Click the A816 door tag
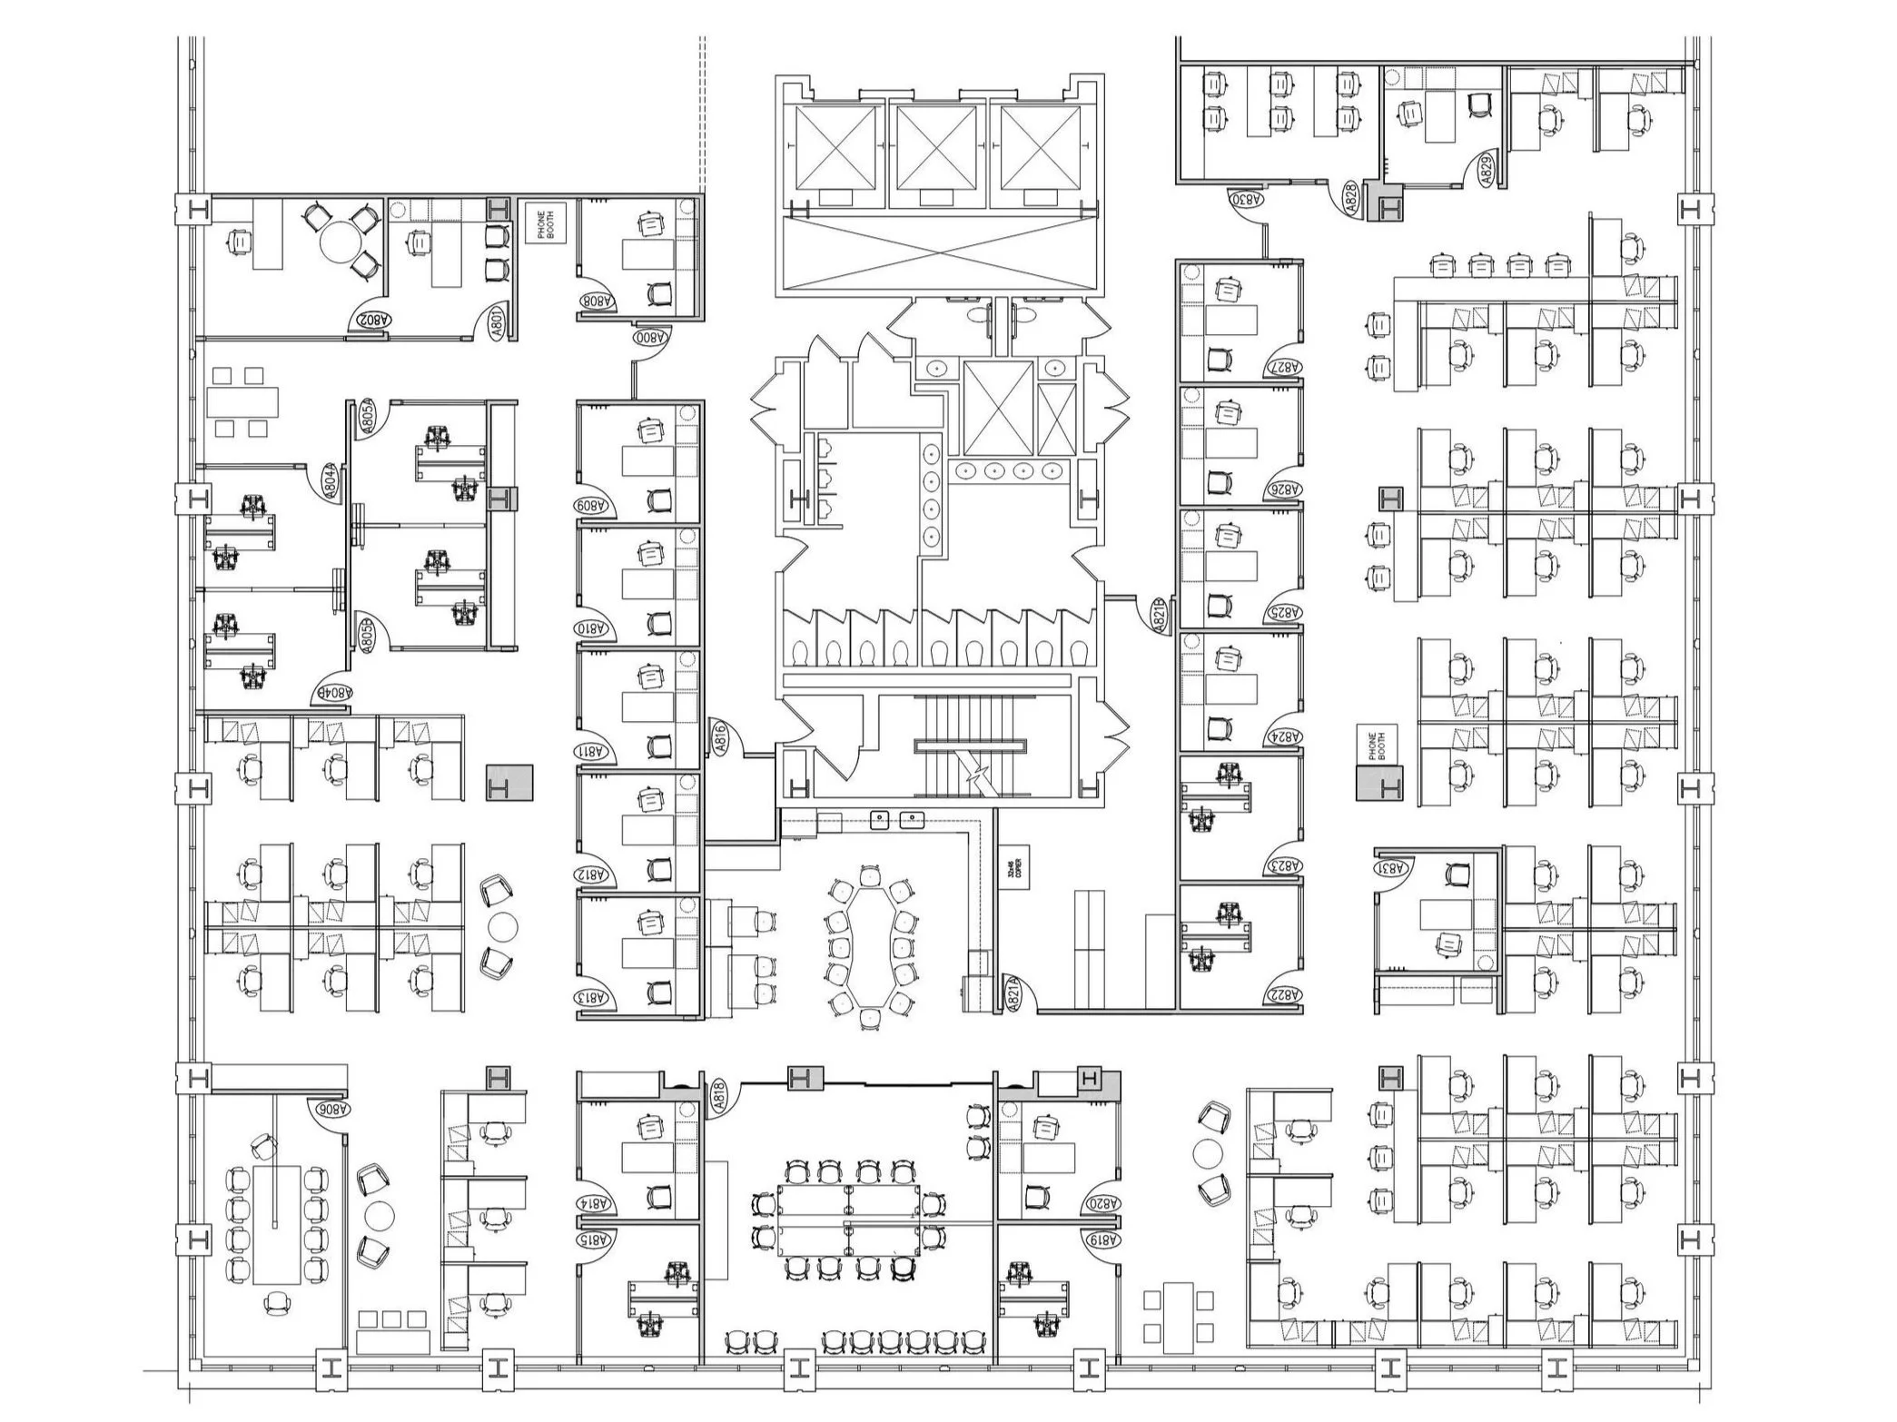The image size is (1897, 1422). [720, 737]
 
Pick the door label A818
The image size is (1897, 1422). [718, 1096]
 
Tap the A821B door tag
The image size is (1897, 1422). [1159, 615]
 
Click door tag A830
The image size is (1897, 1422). [1247, 197]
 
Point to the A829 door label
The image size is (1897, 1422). [1487, 171]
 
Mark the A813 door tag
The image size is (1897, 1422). [597, 998]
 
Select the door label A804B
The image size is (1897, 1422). [333, 692]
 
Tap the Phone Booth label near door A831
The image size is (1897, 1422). [1375, 745]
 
